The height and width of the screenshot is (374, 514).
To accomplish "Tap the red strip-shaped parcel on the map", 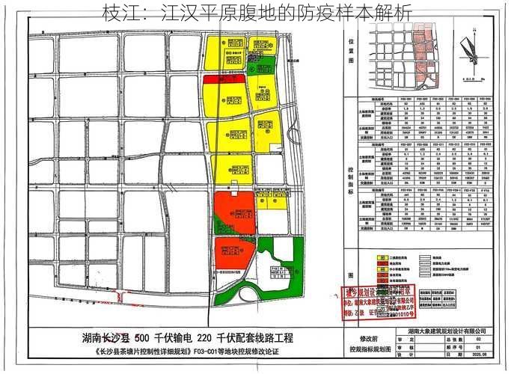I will coord(225,78).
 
